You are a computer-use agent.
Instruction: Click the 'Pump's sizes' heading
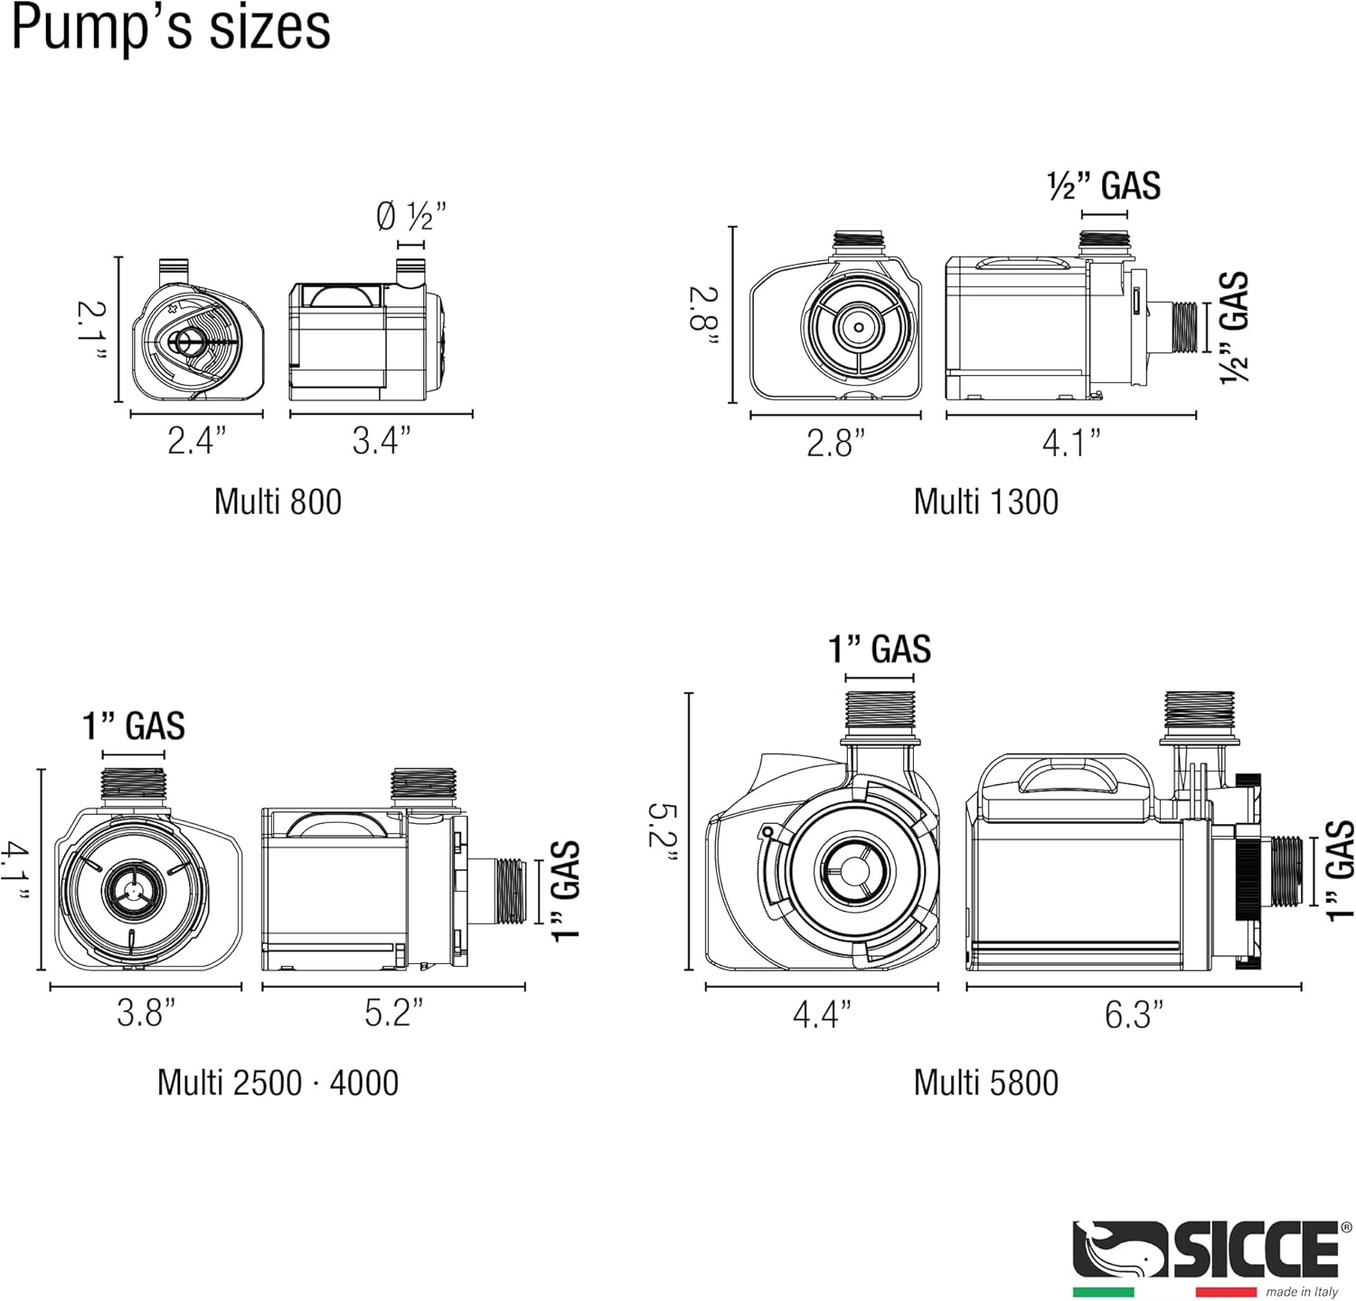pos(171,29)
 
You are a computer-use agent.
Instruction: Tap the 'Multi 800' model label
pos(278,501)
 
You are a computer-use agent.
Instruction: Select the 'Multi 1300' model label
pos(985,501)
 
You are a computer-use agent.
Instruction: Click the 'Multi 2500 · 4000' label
pos(278,1082)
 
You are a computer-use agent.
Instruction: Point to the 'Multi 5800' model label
pos(985,1082)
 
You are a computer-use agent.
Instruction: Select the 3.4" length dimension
pos(381,441)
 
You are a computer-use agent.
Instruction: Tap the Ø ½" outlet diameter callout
pos(411,217)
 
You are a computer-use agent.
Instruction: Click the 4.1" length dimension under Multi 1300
pos(1071,443)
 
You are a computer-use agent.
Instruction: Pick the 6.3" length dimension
pos(1134,1015)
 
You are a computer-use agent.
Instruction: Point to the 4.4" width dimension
pos(822,1015)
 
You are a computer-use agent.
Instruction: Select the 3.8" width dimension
pos(146,1013)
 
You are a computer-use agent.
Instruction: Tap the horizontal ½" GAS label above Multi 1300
pos(1104,186)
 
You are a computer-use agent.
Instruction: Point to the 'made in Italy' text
pos(1302,1292)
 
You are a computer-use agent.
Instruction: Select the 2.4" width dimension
pos(196,441)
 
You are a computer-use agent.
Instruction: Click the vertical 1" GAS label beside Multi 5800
pos(1341,869)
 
